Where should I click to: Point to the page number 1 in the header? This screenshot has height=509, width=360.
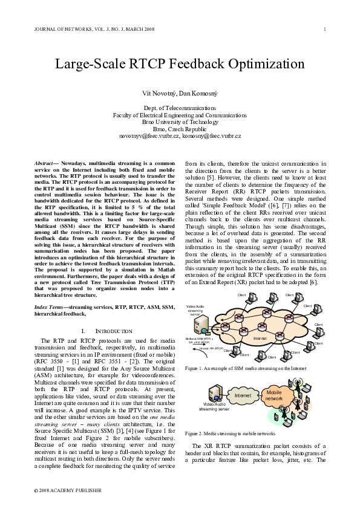coord(325,29)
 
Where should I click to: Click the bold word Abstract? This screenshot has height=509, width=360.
coord(45,164)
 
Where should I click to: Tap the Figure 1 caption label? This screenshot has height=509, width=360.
coord(196,368)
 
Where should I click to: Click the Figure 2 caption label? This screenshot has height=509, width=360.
coord(196,434)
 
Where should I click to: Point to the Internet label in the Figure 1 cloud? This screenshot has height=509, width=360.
coord(260,339)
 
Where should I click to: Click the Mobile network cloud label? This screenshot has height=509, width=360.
coord(273,395)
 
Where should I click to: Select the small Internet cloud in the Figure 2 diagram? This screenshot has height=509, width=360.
coord(242,395)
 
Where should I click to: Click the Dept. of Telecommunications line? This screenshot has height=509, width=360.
coord(180,107)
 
